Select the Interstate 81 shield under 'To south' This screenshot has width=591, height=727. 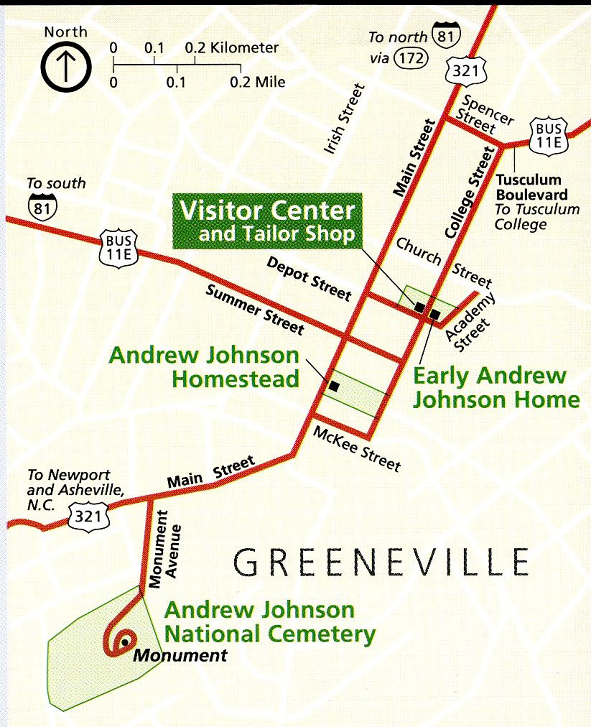(43, 207)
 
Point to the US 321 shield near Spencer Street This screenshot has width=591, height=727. (466, 71)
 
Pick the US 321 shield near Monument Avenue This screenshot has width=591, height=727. (88, 516)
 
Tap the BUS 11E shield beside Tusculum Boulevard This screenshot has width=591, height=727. (548, 137)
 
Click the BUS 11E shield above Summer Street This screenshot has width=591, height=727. (119, 248)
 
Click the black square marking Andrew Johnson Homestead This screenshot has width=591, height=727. (334, 387)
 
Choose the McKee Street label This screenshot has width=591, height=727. (356, 449)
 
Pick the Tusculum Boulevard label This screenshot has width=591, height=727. (531, 187)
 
